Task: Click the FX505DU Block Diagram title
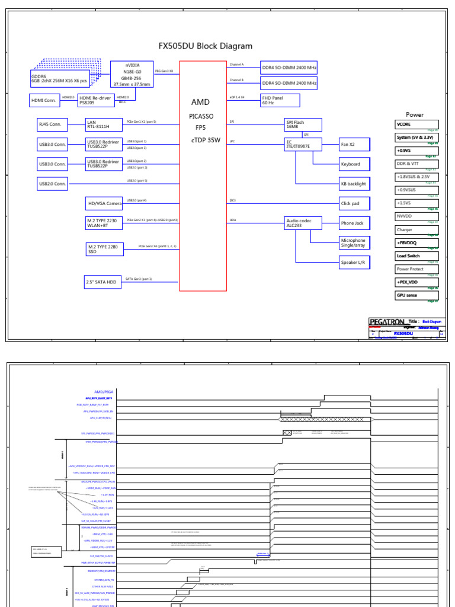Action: pos(205,46)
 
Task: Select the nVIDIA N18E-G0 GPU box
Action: pos(132,75)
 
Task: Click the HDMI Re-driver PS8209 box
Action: pos(96,100)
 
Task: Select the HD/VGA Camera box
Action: pos(104,203)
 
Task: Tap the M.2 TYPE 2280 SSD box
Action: pos(104,249)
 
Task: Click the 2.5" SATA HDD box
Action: pos(103,283)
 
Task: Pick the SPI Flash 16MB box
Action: pos(303,124)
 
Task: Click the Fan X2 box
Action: pos(354,144)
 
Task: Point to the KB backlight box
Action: pos(354,184)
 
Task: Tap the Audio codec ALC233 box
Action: pos(303,223)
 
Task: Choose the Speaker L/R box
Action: pos(354,262)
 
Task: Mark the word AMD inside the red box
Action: pos(200,103)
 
